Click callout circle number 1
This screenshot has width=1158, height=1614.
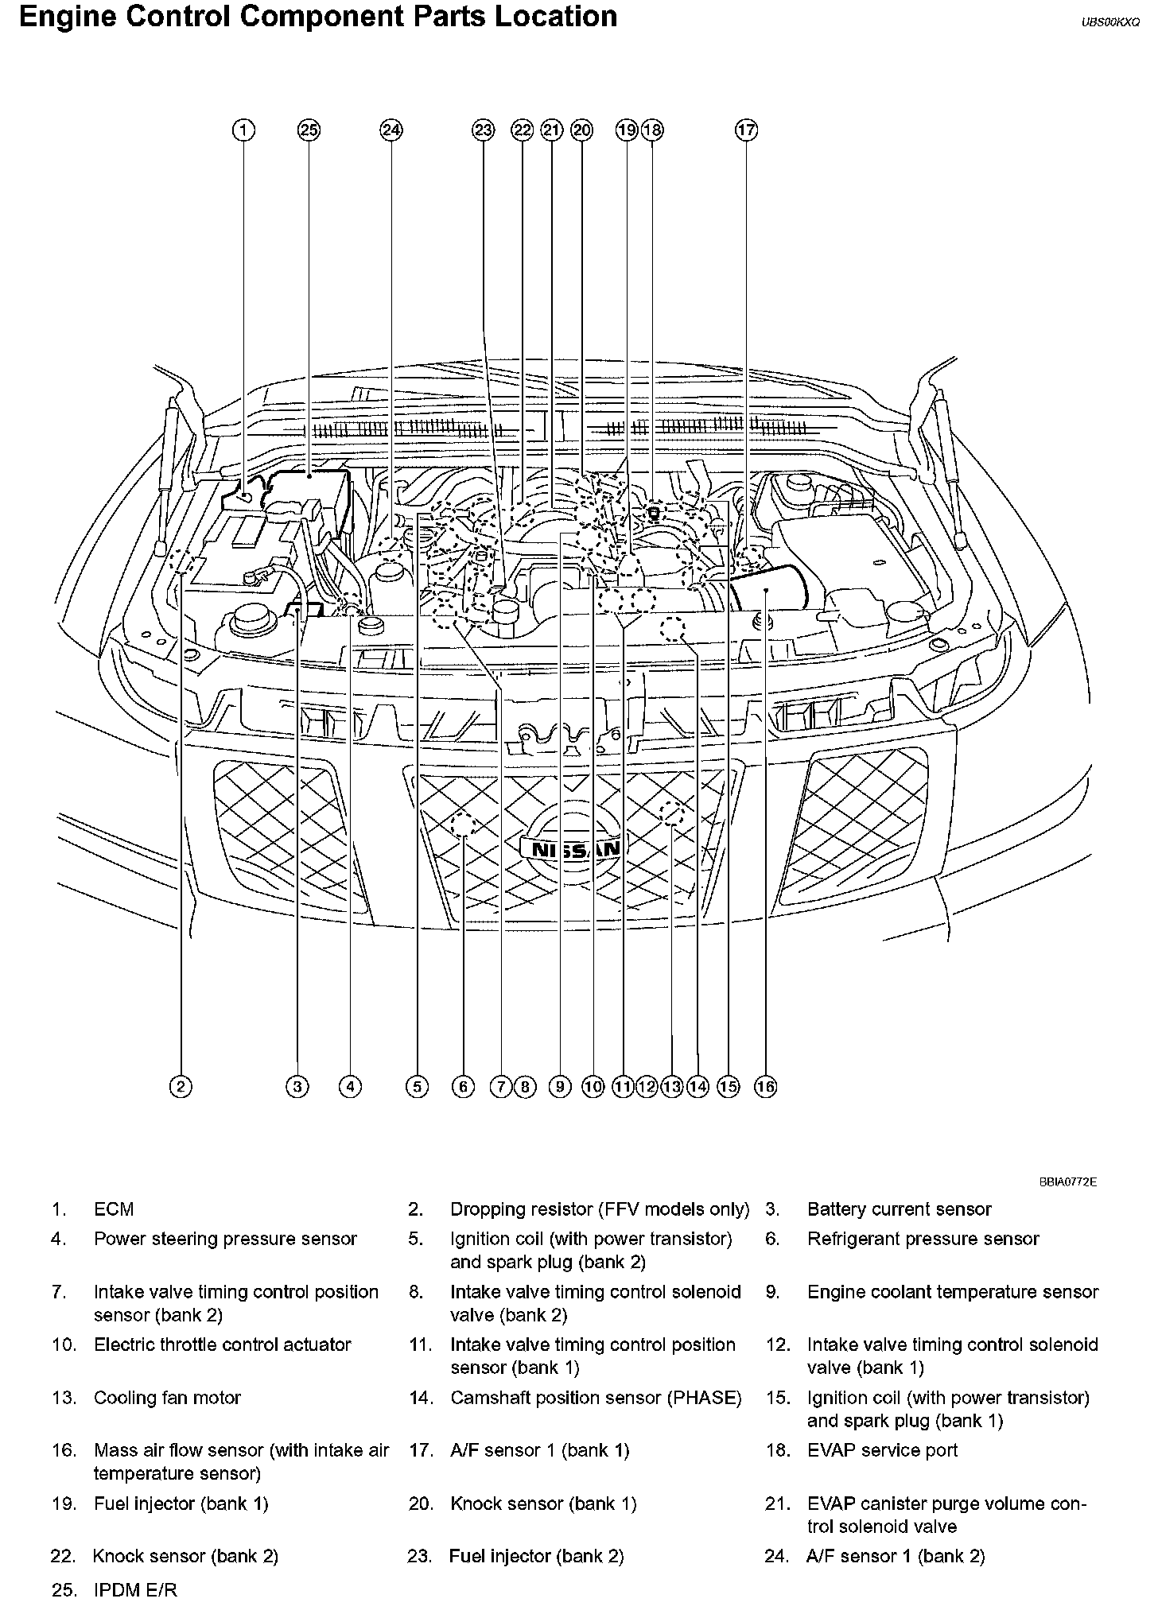click(x=243, y=130)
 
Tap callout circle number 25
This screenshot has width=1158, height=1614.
click(x=309, y=130)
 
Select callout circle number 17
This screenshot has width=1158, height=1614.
click(x=746, y=130)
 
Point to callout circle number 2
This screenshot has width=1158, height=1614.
click(x=181, y=1086)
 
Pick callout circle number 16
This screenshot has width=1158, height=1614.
click(x=765, y=1086)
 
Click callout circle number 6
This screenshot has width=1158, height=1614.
click(x=462, y=1086)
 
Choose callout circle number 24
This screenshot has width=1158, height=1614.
click(x=391, y=130)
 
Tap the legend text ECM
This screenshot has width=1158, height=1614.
click(x=114, y=1209)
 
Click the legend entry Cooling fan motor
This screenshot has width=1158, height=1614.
click(x=167, y=1397)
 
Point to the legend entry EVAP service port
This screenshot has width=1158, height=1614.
click(x=882, y=1450)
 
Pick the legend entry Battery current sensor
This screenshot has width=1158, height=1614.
click(x=899, y=1209)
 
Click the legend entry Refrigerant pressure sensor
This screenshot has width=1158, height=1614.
click(x=923, y=1239)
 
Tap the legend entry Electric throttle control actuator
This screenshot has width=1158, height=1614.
click(x=222, y=1344)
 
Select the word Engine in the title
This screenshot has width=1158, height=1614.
click(x=68, y=17)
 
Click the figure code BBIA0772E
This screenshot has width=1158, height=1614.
click(x=1067, y=1182)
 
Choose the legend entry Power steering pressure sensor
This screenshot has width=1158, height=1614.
click(x=225, y=1239)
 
